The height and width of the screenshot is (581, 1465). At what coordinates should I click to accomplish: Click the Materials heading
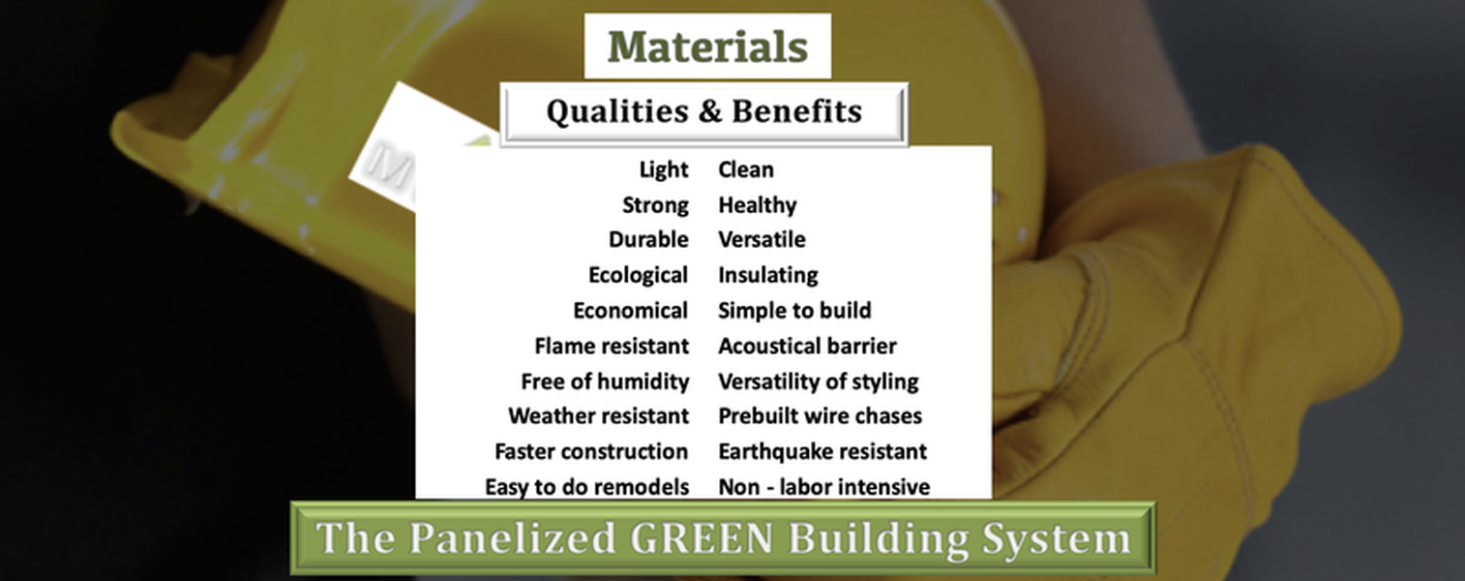coord(707,46)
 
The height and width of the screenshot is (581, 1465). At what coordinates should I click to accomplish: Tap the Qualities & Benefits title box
coord(704,113)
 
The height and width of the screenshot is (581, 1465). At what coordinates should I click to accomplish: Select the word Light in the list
coord(664,169)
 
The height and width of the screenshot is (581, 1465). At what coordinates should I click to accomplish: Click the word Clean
coord(746,169)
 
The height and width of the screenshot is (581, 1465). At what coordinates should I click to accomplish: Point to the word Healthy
coord(758,205)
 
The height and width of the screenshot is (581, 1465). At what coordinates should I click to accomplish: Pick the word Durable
coord(648,239)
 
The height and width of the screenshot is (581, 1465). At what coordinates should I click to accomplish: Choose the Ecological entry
coord(639,275)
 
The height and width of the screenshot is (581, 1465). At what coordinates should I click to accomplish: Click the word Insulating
coord(767,275)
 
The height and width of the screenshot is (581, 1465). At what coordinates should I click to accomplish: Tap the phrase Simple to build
coord(794,310)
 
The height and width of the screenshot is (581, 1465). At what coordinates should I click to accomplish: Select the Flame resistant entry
coord(612,346)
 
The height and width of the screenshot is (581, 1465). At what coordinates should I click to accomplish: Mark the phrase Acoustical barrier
coord(807,346)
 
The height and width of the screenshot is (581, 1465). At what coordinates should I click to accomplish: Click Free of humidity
coord(605,382)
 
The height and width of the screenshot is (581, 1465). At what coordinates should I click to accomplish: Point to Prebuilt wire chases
coord(821,416)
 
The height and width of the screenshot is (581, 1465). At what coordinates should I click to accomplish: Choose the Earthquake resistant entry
coord(822,451)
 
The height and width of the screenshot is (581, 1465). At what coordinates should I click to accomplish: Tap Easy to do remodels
coord(586,487)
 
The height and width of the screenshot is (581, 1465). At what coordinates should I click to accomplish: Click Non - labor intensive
coord(824,487)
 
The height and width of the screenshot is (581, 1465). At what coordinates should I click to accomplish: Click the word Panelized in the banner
coord(512,538)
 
